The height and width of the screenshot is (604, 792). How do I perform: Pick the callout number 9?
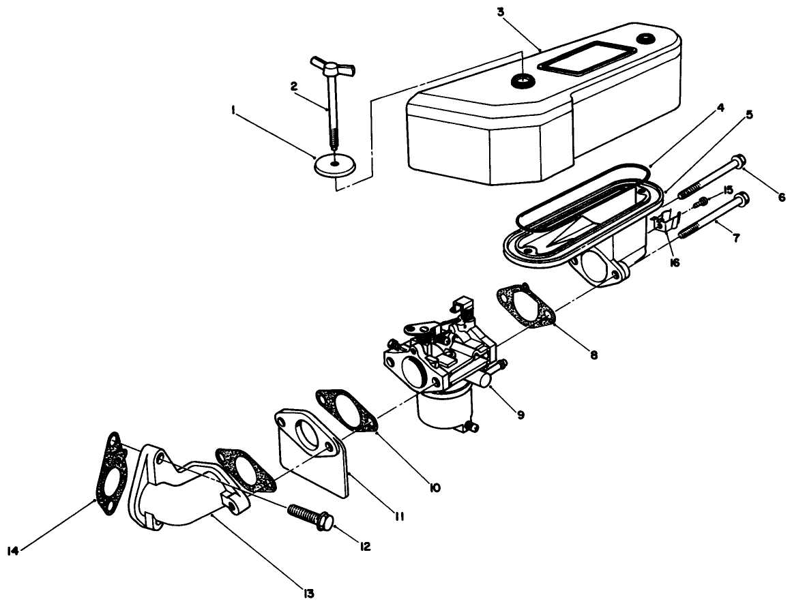pyautogui.click(x=520, y=414)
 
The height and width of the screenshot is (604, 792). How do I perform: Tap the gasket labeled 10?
pyautogui.click(x=347, y=410)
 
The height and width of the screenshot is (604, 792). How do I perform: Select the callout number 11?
pyautogui.click(x=400, y=517)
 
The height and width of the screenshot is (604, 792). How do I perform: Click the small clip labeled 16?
pyautogui.click(x=664, y=222)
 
